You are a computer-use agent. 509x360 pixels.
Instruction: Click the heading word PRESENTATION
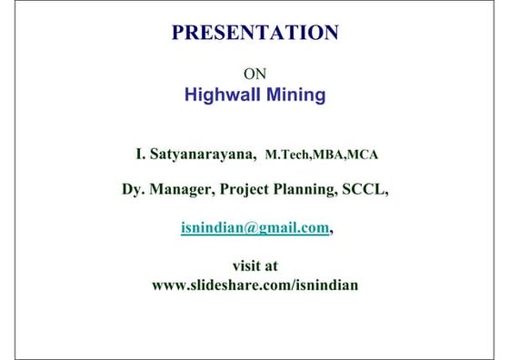point(254,34)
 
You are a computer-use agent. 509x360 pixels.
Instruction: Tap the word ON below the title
point(255,73)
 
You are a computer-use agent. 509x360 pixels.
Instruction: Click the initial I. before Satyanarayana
point(140,155)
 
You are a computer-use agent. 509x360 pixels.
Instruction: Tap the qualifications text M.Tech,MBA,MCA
point(322,155)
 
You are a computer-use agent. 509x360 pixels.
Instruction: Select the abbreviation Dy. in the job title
point(134,190)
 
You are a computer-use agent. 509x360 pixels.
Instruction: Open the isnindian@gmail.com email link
point(254,228)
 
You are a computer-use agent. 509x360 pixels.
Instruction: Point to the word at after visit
point(272,265)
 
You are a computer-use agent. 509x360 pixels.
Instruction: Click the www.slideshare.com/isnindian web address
point(255,285)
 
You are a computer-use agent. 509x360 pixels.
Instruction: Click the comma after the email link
point(332,232)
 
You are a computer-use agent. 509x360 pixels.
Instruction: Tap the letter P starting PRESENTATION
point(179,34)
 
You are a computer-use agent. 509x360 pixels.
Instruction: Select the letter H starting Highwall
point(191,94)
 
